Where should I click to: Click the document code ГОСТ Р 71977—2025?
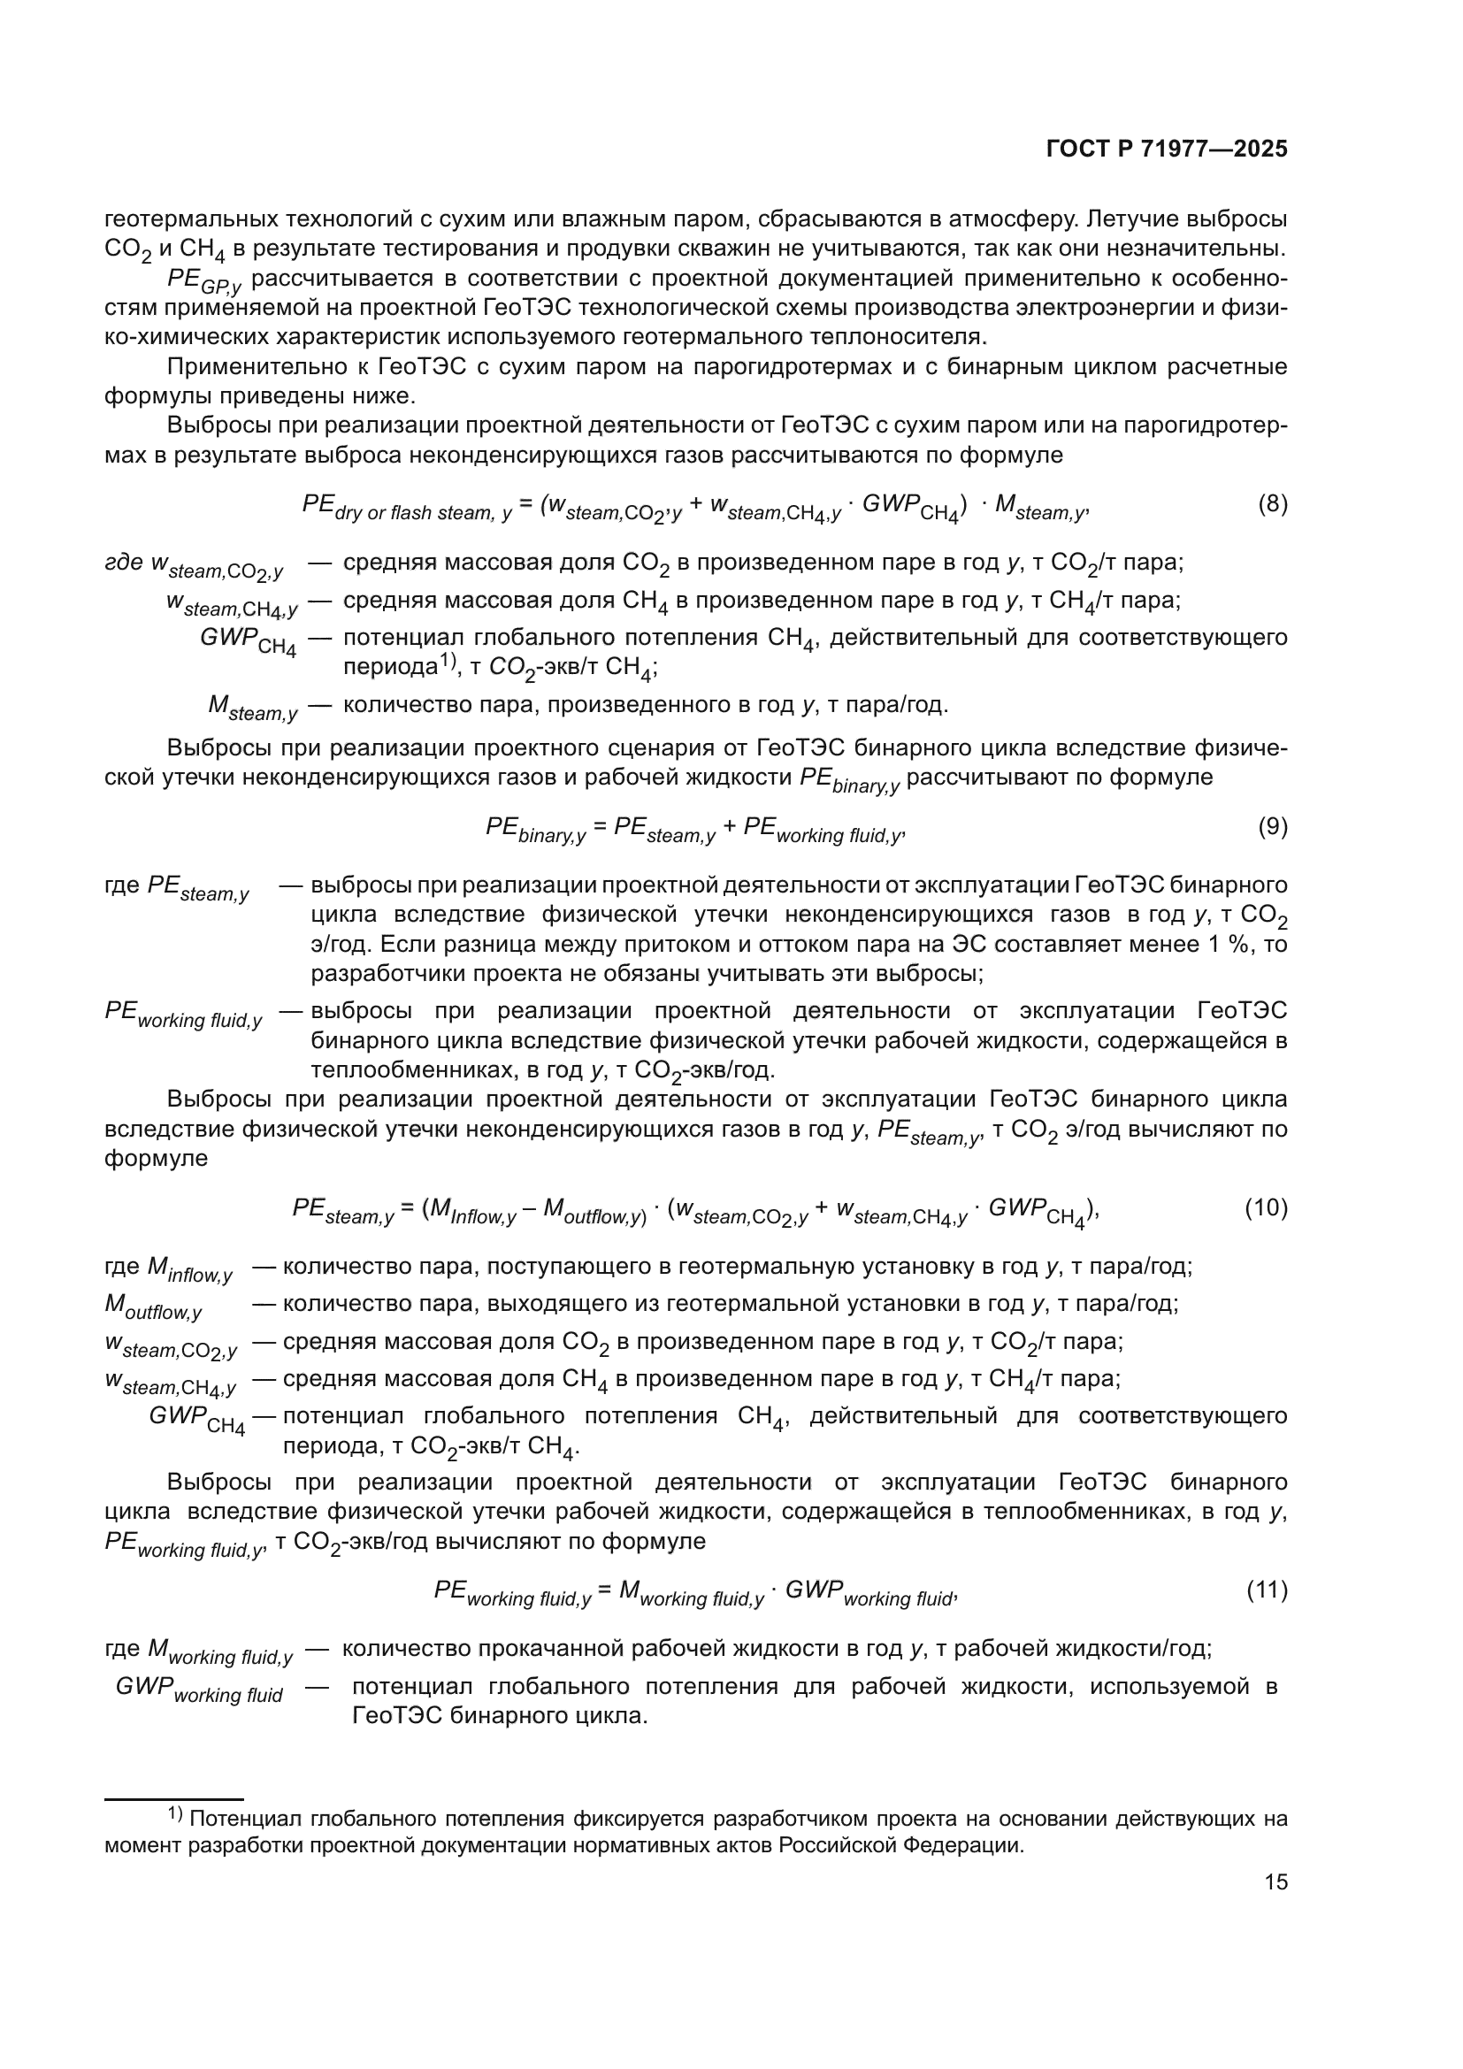1167,149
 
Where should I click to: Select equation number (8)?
1272,503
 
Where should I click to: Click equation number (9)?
1272,826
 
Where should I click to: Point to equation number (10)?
1266,1207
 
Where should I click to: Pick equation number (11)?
1267,1590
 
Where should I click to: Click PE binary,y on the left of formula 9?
535,829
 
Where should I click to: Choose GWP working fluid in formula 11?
869,1592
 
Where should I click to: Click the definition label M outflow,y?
153,1306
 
